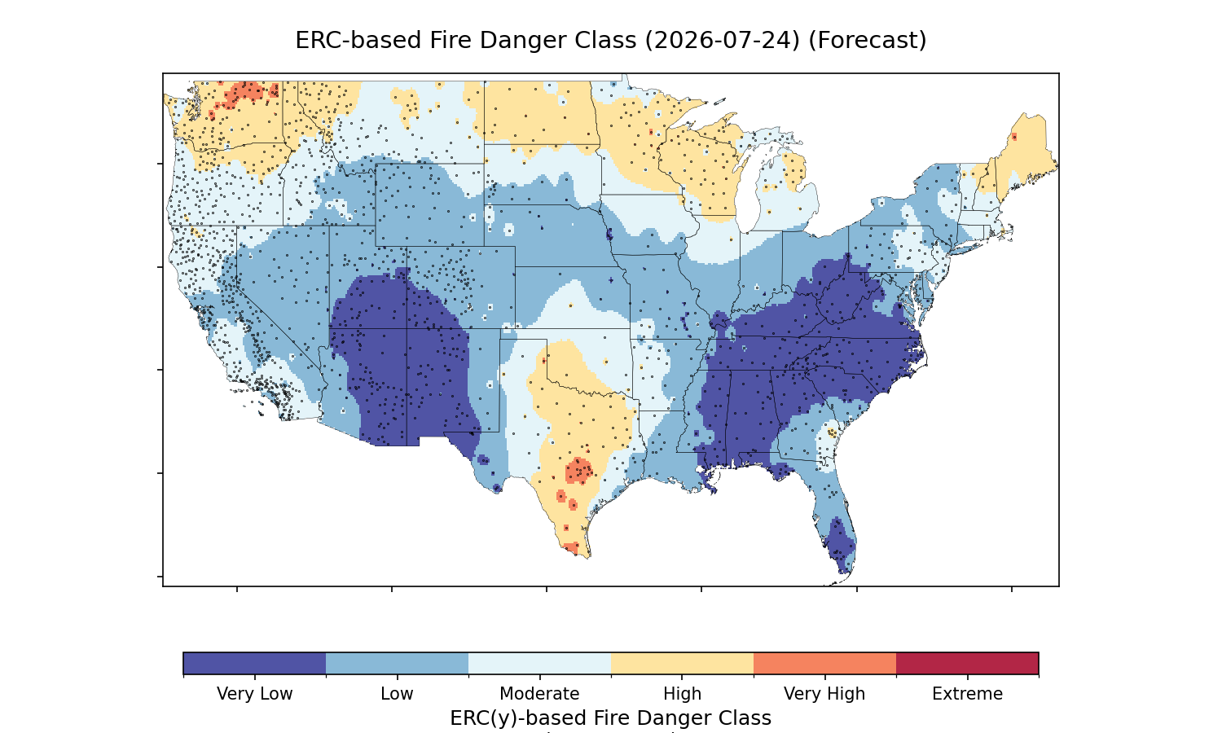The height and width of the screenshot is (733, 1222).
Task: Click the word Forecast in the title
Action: [x=868, y=41]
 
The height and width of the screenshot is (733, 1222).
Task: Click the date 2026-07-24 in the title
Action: [x=723, y=41]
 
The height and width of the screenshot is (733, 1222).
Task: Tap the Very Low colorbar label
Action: [x=254, y=694]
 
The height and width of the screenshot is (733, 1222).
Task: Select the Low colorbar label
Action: [x=397, y=694]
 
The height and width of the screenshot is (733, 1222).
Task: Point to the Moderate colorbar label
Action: [x=539, y=694]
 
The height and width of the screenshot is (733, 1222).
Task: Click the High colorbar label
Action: [x=682, y=694]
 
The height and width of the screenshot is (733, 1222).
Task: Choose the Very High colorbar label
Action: [x=824, y=694]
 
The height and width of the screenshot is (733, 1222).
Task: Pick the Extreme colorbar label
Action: [x=967, y=694]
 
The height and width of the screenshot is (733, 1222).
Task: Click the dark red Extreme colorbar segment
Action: [x=967, y=663]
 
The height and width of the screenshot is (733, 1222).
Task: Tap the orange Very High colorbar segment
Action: [x=824, y=663]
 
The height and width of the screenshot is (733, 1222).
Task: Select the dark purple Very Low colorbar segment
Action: [x=255, y=663]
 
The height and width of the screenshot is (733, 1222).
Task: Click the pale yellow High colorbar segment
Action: [x=683, y=663]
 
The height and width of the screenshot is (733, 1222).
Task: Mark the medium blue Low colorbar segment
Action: [x=398, y=663]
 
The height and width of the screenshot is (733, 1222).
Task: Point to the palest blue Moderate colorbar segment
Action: [x=540, y=663]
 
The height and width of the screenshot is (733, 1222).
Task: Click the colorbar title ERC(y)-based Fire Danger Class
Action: [x=610, y=718]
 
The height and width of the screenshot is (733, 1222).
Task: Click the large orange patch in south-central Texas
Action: [x=578, y=470]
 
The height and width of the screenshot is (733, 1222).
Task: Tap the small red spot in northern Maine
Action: [x=1014, y=137]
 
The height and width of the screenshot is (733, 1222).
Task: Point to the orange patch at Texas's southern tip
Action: [x=571, y=547]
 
